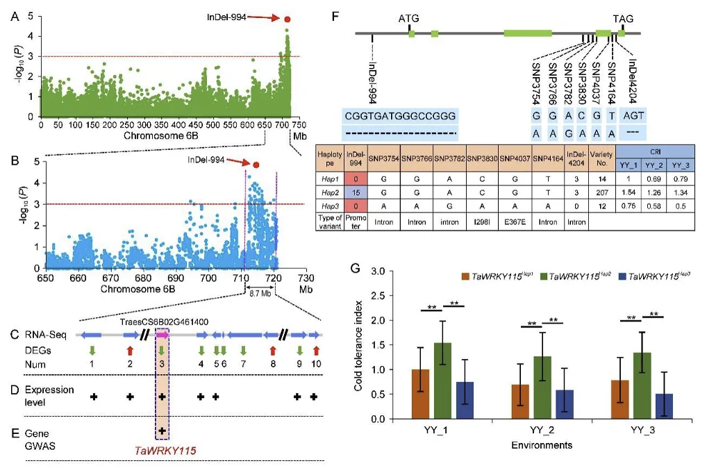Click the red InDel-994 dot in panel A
click(288, 21)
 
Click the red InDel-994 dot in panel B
click(256, 165)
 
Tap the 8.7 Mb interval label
click(261, 294)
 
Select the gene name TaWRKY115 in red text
click(164, 451)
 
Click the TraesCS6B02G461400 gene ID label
click(164, 322)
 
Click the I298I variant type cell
click(484, 223)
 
